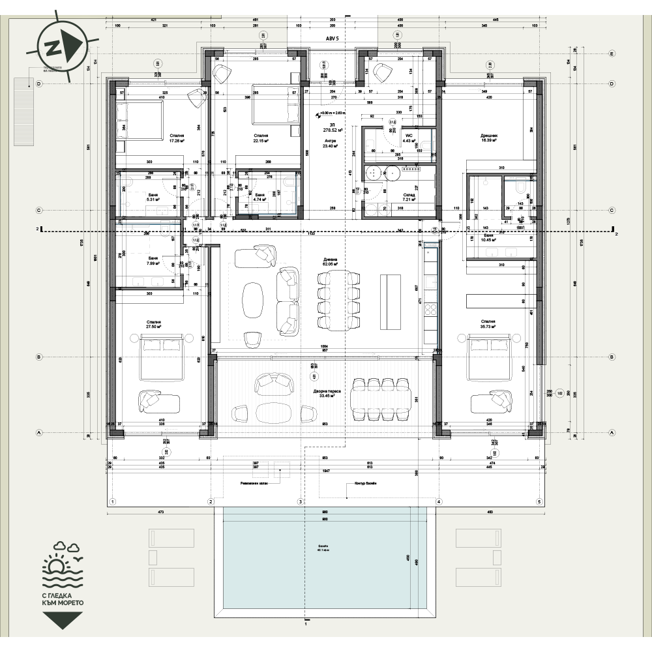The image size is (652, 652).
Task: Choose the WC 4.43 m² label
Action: [409, 137]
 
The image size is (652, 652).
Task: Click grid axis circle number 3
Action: [301, 501]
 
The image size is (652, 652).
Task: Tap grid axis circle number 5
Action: [539, 501]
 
